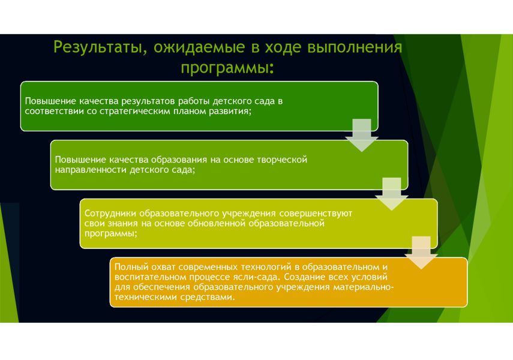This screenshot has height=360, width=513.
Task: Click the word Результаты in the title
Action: tap(98, 47)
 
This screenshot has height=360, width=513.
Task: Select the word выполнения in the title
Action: tap(355, 47)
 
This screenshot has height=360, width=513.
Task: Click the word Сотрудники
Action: tap(110, 214)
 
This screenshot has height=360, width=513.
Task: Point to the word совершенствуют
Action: tap(316, 214)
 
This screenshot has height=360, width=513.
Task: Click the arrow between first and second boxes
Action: tap(362, 135)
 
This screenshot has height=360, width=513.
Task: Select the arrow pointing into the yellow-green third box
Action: tap(392, 194)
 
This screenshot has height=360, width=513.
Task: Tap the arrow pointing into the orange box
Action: tap(421, 253)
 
